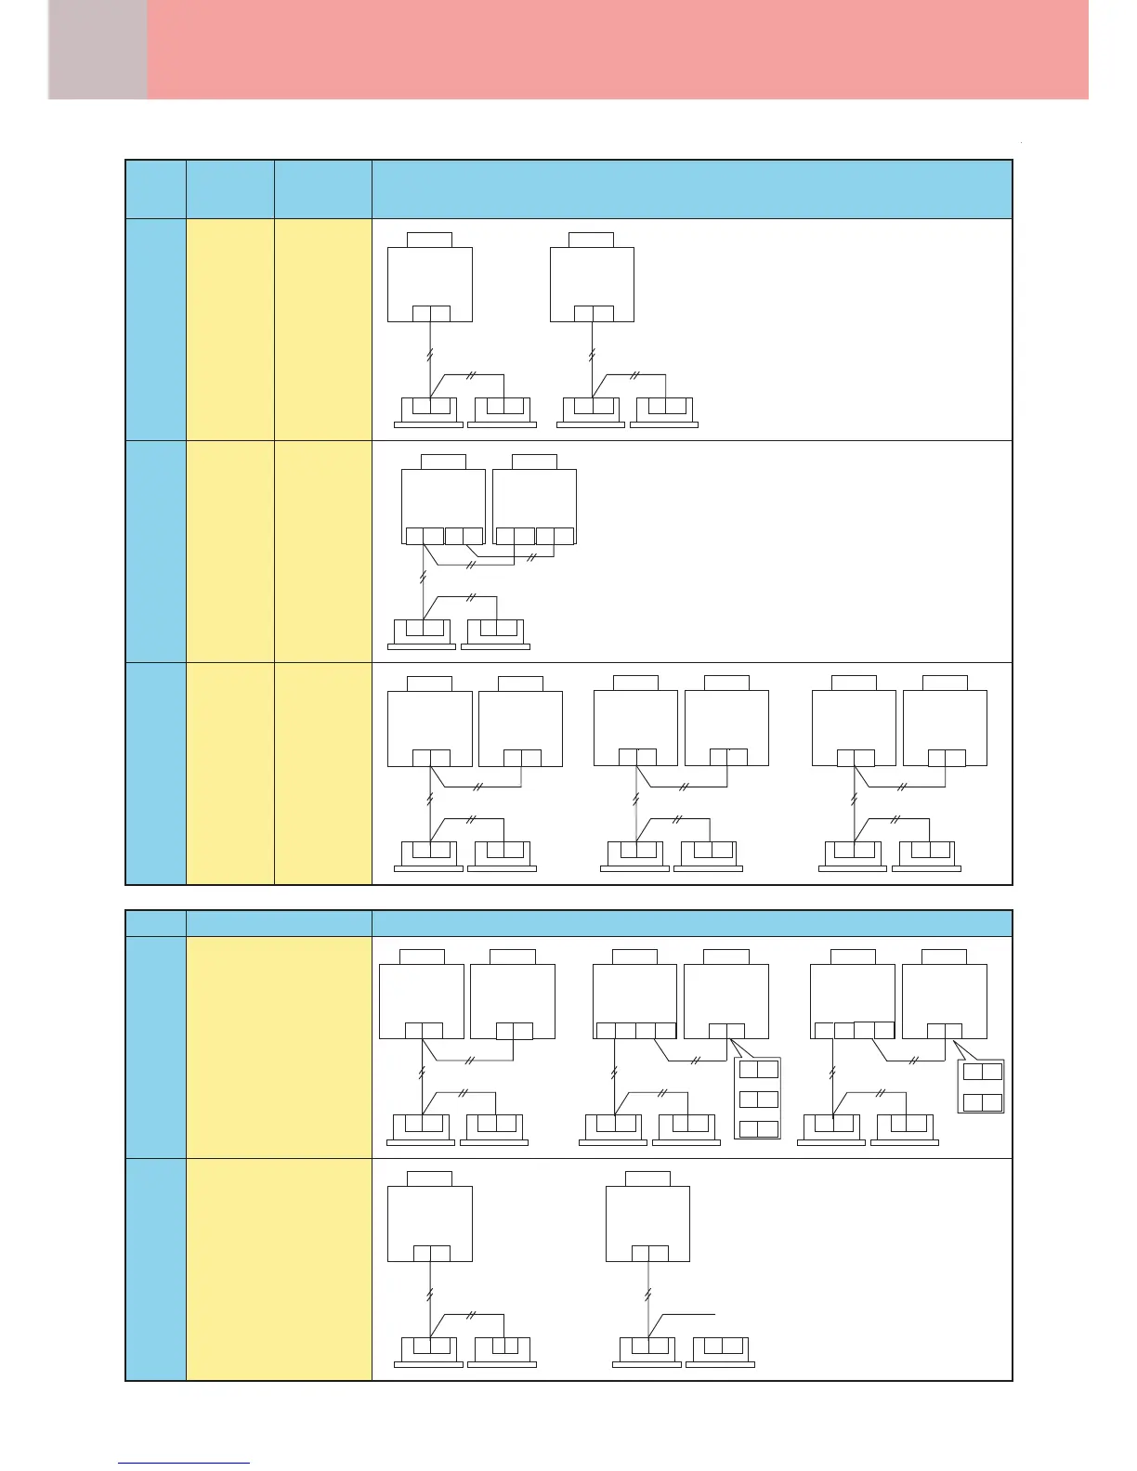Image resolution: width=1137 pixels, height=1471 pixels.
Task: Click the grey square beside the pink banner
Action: pyautogui.click(x=98, y=49)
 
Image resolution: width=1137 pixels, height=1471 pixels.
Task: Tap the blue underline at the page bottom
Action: pyautogui.click(x=184, y=1463)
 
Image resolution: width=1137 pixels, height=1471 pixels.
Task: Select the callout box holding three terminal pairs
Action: pyautogui.click(x=758, y=1099)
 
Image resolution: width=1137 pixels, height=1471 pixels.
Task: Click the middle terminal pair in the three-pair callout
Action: pyautogui.click(x=758, y=1099)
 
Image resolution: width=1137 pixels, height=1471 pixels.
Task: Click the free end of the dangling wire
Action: pyautogui.click(x=714, y=1314)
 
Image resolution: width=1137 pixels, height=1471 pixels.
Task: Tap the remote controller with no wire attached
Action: pyautogui.click(x=720, y=1348)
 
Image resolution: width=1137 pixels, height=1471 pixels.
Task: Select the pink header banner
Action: pyautogui.click(x=618, y=49)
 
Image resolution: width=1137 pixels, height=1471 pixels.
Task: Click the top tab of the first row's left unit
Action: pyautogui.click(x=430, y=240)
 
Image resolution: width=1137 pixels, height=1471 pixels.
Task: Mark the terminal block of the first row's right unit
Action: pyautogui.click(x=593, y=313)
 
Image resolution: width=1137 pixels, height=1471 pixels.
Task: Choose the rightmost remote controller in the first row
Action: pyautogui.click(x=663, y=410)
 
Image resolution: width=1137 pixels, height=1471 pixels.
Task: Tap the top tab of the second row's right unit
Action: pyautogui.click(x=534, y=462)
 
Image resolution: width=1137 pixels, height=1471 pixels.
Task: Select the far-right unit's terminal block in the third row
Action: pyautogui.click(x=946, y=758)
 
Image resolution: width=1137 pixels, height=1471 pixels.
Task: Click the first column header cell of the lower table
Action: pyautogui.click(x=155, y=923)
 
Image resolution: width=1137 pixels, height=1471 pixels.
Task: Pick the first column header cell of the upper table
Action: pyautogui.click(x=155, y=189)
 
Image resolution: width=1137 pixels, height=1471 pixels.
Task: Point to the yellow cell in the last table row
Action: pyautogui.click(x=279, y=1269)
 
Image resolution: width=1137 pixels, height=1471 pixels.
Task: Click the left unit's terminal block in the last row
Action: pyautogui.click(x=431, y=1253)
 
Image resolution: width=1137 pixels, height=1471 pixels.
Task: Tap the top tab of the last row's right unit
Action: pyautogui.click(x=647, y=1179)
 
